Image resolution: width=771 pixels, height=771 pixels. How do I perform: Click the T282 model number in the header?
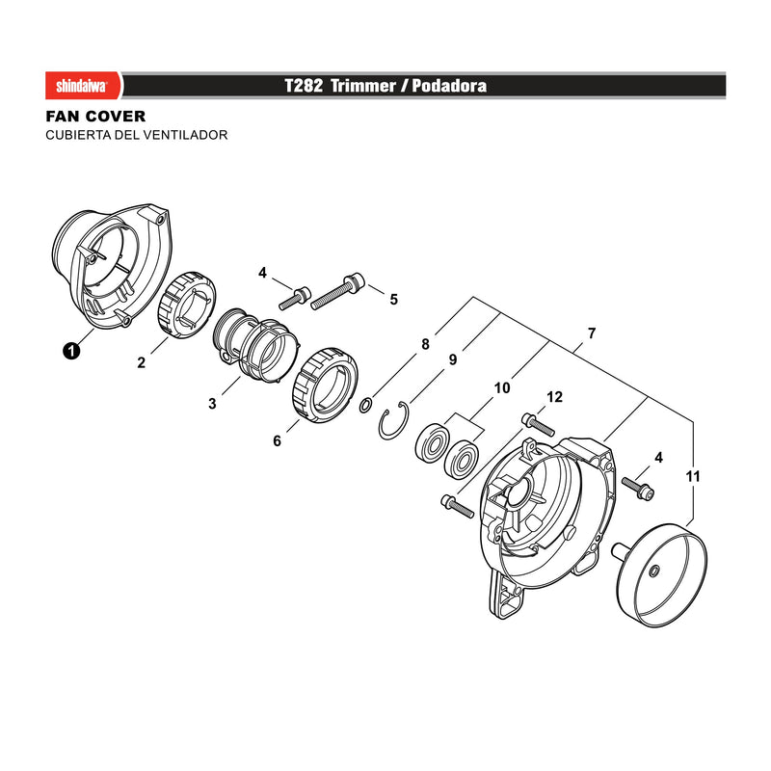click(304, 86)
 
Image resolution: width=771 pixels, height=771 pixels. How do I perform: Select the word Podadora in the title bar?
click(449, 86)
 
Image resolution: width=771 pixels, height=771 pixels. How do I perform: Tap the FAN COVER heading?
click(95, 117)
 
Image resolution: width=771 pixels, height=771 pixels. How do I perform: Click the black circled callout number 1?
click(71, 351)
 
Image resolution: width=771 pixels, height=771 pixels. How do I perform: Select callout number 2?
click(142, 362)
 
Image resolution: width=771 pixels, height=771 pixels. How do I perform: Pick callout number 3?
click(212, 404)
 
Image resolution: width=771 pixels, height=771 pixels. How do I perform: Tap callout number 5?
click(394, 300)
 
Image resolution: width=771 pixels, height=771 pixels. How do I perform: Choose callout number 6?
click(277, 440)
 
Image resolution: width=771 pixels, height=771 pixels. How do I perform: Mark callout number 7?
click(592, 332)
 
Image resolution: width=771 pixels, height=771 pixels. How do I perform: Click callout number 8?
click(425, 344)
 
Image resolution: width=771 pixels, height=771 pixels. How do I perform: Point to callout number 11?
click(693, 476)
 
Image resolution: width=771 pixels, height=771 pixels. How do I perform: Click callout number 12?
click(555, 397)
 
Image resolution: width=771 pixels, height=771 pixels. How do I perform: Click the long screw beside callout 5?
click(337, 292)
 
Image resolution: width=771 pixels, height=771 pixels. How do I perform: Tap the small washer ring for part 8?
click(365, 406)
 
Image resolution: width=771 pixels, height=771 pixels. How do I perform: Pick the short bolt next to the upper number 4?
click(295, 298)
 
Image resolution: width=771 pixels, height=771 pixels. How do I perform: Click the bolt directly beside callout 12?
click(538, 425)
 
